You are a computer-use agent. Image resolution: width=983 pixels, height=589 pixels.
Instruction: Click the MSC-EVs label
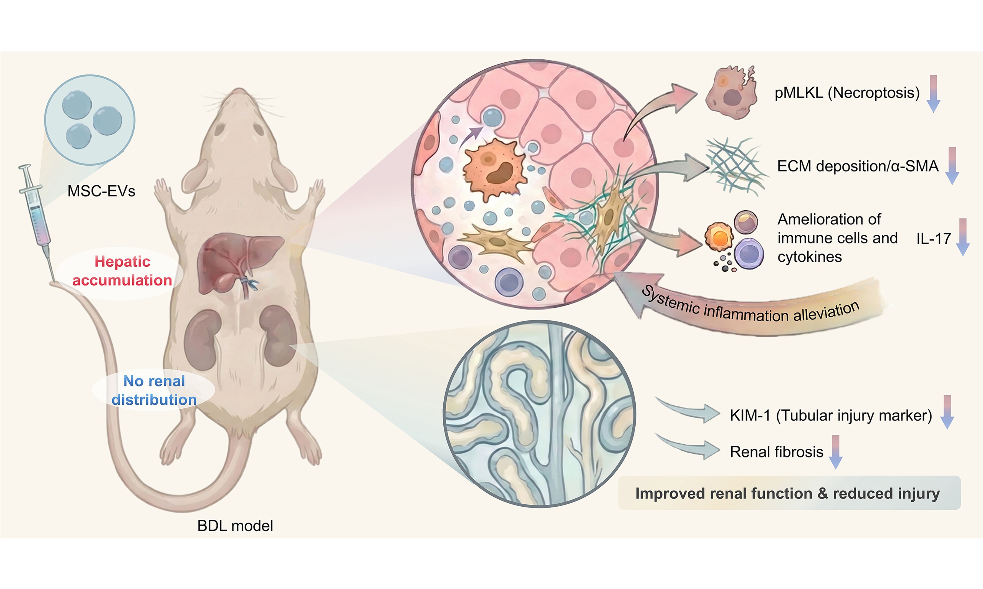click(x=101, y=191)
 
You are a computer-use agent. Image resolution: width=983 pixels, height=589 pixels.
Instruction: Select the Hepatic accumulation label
click(x=122, y=271)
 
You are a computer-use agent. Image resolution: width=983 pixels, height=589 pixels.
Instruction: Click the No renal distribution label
click(x=154, y=390)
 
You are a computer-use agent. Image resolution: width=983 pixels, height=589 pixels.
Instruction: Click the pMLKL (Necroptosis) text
click(x=847, y=92)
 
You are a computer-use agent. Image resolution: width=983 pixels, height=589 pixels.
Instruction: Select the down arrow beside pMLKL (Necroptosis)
click(x=933, y=94)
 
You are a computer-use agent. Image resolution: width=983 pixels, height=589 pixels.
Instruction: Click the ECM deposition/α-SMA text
click(x=858, y=166)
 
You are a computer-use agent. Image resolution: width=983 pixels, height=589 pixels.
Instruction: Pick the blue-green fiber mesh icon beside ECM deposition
click(x=736, y=167)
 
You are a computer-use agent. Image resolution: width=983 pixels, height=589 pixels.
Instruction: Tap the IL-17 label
click(x=933, y=239)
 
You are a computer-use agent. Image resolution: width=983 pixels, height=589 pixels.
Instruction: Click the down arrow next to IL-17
click(x=962, y=237)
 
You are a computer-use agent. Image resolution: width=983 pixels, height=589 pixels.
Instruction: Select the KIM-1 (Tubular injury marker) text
click(x=831, y=415)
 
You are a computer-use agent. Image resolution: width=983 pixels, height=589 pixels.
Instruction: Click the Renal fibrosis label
click(x=776, y=452)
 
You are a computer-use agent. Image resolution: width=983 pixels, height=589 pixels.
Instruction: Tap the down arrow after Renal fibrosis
click(x=835, y=452)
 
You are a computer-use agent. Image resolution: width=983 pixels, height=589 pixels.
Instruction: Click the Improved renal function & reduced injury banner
click(x=788, y=493)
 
